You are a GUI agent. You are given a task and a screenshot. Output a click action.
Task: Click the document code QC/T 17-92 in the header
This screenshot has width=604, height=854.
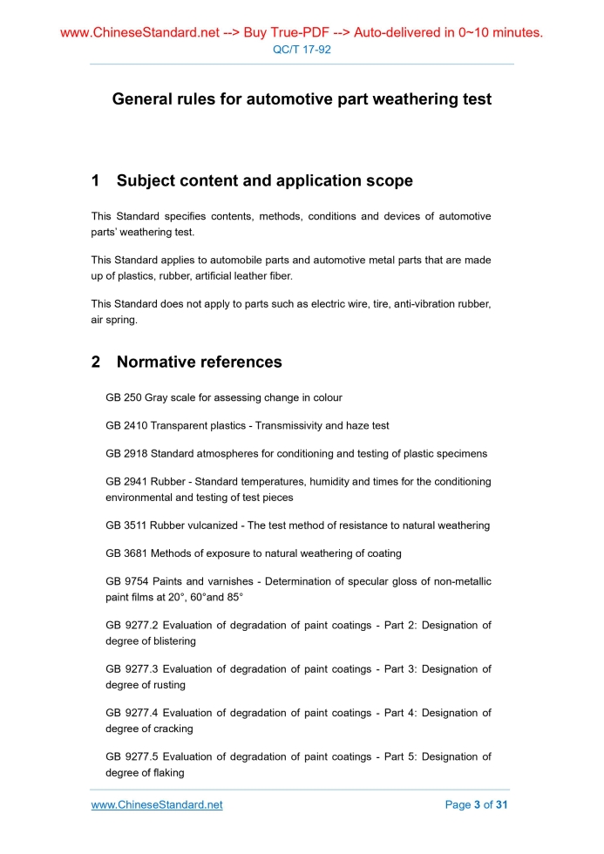click(x=302, y=50)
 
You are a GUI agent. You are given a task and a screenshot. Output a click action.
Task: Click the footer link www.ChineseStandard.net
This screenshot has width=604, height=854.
click(x=157, y=804)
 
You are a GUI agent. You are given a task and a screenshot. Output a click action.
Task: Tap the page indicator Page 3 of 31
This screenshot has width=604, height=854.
click(x=476, y=804)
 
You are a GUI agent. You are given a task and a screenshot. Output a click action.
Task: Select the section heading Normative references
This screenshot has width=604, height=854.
click(x=199, y=362)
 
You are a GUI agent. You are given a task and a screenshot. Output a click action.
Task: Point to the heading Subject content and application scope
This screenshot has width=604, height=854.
click(x=264, y=181)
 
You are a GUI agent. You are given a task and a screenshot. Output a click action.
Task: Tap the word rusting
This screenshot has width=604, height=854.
click(x=167, y=685)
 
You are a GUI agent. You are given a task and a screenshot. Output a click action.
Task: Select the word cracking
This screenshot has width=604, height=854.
click(x=171, y=729)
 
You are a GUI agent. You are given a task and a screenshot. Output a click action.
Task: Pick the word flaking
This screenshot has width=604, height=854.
click(x=166, y=772)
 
